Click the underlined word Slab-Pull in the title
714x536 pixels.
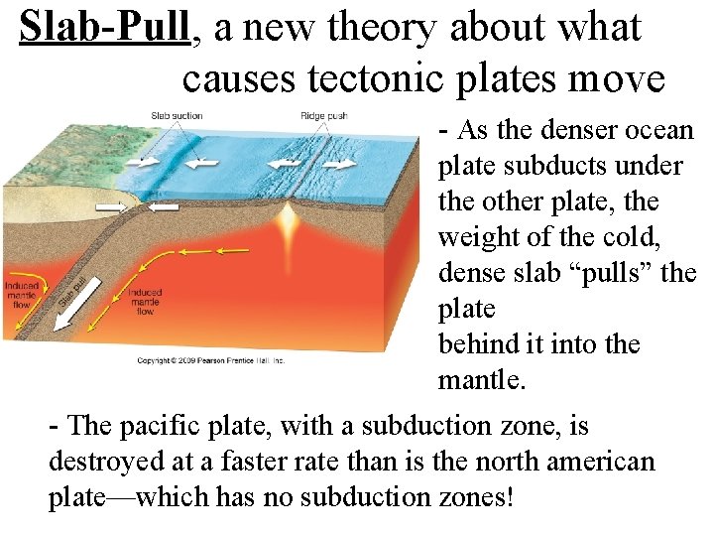(104, 29)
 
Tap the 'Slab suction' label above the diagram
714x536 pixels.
(177, 116)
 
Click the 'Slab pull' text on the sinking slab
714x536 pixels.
(70, 289)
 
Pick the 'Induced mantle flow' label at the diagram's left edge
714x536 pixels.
(22, 295)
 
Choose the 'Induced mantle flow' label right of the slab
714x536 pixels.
(145, 302)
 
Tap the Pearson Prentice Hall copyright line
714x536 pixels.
(210, 360)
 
